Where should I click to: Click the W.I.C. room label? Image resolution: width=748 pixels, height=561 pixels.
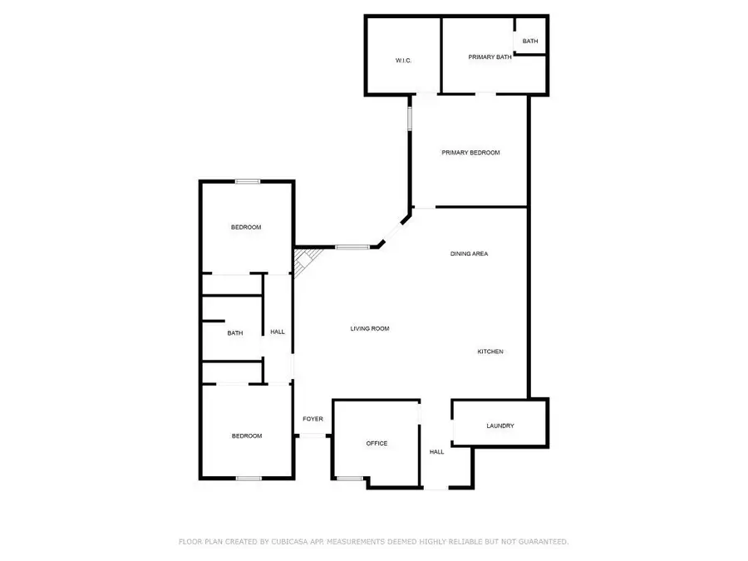tap(403, 61)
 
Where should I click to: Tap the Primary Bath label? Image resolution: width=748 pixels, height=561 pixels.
tap(490, 57)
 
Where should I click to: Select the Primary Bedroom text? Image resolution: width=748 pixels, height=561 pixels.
tap(470, 153)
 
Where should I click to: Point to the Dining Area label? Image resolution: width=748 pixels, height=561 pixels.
tap(469, 253)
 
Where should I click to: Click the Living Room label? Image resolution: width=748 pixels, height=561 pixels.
tap(369, 329)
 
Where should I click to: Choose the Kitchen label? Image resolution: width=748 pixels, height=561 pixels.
tap(490, 352)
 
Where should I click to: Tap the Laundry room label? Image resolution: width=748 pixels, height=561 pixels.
tap(499, 426)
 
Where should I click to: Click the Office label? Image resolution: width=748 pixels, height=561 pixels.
tap(376, 444)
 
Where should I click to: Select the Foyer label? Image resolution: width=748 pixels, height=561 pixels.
tap(312, 419)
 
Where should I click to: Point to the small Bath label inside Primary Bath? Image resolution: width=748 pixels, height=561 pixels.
tap(530, 41)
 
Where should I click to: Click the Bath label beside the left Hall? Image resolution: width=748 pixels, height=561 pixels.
tap(235, 333)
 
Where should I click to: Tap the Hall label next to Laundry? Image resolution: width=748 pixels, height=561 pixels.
tap(436, 452)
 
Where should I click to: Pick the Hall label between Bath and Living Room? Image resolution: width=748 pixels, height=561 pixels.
tap(278, 332)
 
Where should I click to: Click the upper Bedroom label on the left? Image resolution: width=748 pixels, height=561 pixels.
tap(246, 228)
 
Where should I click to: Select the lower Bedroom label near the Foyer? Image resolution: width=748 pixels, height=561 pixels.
tap(246, 436)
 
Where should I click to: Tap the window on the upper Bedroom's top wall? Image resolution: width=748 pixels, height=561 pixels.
tap(247, 182)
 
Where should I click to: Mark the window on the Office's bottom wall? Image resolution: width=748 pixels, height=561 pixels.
tap(350, 478)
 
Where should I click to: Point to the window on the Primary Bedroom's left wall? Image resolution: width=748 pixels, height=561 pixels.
tap(409, 116)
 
